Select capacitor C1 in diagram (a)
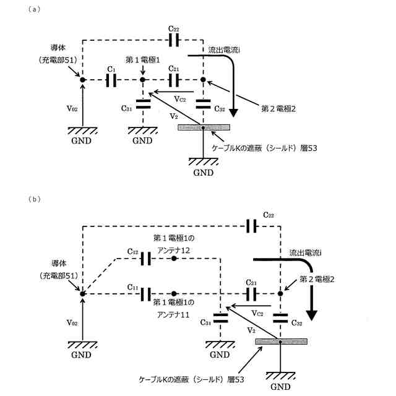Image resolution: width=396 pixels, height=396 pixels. coord(112,80)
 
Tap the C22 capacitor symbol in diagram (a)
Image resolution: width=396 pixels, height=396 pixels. coord(174,41)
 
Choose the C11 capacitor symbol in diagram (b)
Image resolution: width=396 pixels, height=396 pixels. coord(146,293)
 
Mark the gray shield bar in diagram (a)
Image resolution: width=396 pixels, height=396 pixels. coord(204,127)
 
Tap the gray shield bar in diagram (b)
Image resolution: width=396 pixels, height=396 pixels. coord(280,342)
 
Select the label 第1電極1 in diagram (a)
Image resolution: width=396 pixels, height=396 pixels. coord(142,59)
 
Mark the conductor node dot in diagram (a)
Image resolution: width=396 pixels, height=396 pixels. coord(82,80)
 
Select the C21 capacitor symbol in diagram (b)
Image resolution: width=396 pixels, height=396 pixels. coord(251,293)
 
